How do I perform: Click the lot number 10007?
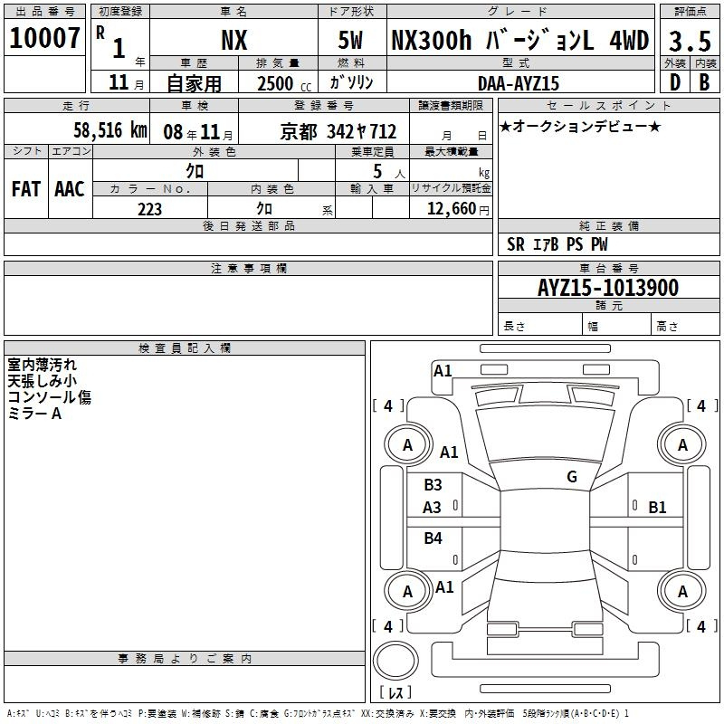pyautogui.click(x=44, y=38)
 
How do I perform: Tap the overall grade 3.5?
pyautogui.click(x=690, y=41)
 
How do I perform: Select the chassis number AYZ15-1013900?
pyautogui.click(x=608, y=287)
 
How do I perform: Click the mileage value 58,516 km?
pyautogui.click(x=110, y=130)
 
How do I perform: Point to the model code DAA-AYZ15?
pyautogui.click(x=519, y=83)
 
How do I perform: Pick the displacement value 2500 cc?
pyautogui.click(x=284, y=83)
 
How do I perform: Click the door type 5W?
pyautogui.click(x=350, y=40)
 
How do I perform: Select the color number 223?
pyautogui.click(x=149, y=209)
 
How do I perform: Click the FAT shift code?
pyautogui.click(x=26, y=189)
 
